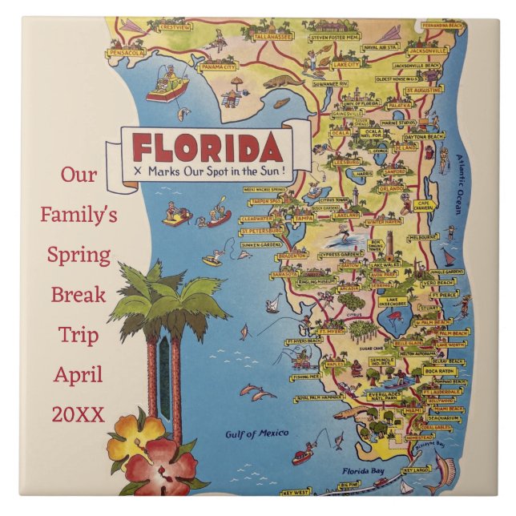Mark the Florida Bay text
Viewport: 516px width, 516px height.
click(x=357, y=470)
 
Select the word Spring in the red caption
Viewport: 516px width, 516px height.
click(x=78, y=256)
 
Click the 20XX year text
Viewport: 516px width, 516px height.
click(x=78, y=414)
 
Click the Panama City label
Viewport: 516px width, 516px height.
click(x=218, y=68)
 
